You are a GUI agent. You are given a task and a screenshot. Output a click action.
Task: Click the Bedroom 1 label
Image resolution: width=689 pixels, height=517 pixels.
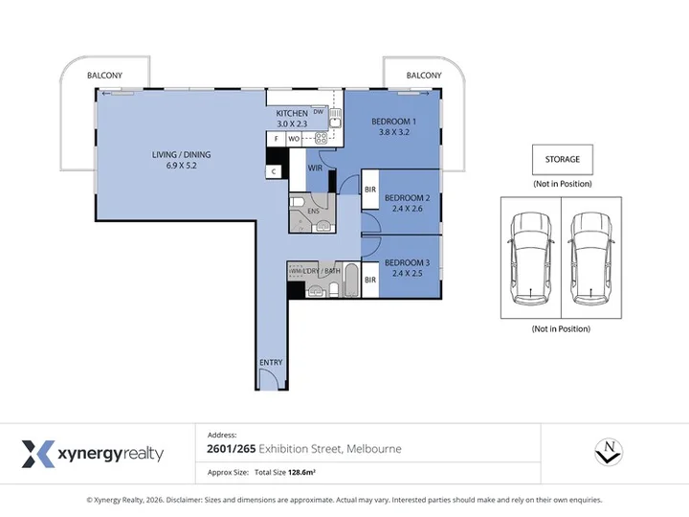tap(393, 126)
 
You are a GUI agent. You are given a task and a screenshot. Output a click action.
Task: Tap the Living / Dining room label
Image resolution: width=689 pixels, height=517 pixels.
tap(181, 160)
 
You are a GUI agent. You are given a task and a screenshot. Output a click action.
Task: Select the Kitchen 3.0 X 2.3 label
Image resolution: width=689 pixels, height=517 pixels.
tap(292, 119)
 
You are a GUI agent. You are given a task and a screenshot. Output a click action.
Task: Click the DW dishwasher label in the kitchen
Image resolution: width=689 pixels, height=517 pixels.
tap(318, 112)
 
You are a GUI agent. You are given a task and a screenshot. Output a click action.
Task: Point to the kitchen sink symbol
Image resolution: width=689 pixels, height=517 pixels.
tap(336, 118)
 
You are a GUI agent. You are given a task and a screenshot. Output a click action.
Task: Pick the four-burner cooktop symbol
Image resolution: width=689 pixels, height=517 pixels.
tap(322, 139)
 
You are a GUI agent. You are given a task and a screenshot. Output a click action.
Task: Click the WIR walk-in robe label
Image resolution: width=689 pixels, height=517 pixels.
tap(315, 168)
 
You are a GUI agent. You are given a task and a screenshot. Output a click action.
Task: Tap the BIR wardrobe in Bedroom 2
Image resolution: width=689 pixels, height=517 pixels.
tap(370, 190)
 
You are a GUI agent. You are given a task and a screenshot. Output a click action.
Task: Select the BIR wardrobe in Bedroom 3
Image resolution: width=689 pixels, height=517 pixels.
tap(370, 280)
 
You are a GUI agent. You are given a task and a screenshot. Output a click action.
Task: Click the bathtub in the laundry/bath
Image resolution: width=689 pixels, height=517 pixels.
tap(351, 280)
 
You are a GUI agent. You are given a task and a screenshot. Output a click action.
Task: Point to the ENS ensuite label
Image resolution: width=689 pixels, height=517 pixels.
tap(313, 211)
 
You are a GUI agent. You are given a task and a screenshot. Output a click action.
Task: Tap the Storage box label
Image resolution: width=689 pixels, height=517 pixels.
tap(563, 159)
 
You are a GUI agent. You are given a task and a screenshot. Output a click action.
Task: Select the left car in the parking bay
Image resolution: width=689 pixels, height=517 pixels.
tap(530, 259)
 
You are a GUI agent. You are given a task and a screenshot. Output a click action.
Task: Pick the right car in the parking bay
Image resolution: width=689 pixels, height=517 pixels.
tap(590, 259)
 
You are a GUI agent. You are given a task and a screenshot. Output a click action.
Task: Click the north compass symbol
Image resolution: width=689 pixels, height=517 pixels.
tap(609, 452)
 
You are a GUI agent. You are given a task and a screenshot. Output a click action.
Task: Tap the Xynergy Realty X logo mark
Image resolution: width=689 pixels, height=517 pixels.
tap(38, 454)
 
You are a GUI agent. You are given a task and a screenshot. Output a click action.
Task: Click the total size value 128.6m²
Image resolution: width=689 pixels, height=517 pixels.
tap(301, 473)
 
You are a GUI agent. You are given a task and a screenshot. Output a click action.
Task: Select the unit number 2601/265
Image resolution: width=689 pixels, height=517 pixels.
tap(232, 449)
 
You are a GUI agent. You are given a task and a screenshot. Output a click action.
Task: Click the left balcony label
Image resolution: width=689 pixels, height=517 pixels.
tap(104, 76)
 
